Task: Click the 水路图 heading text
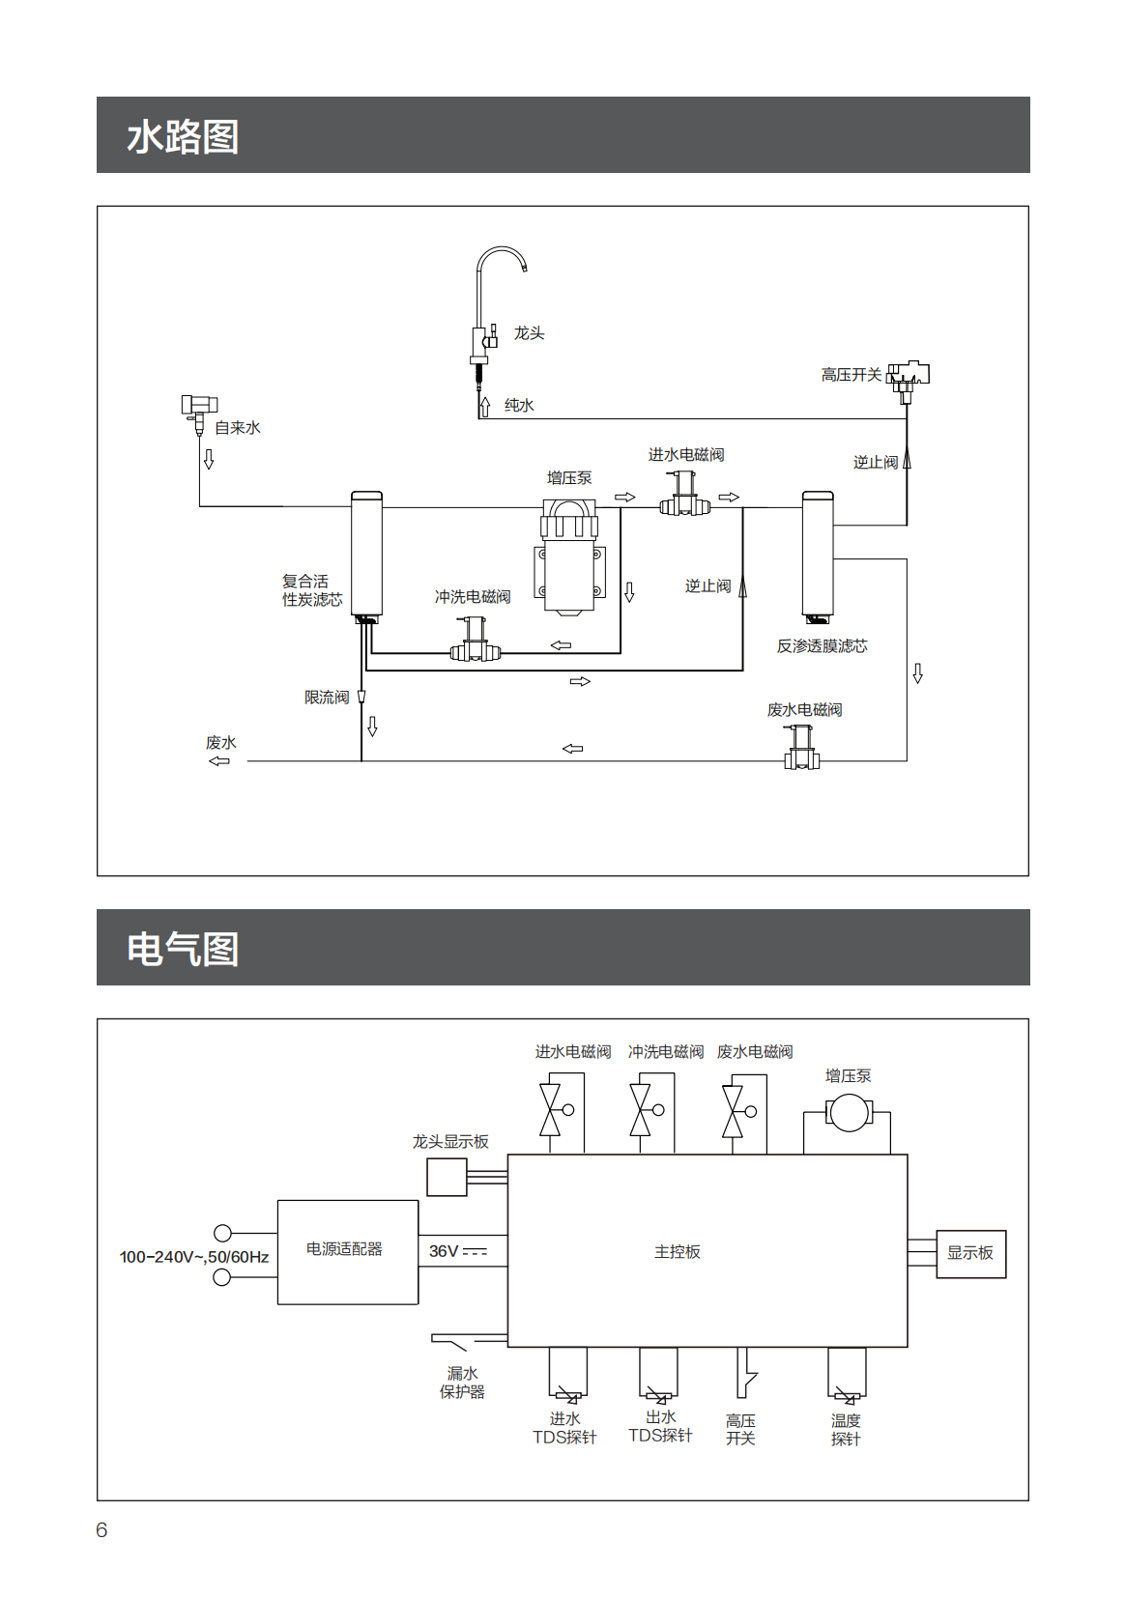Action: [183, 136]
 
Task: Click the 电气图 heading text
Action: [183, 949]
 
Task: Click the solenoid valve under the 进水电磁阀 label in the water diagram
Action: [685, 495]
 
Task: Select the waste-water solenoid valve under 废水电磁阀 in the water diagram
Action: [801, 748]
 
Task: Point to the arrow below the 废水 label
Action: [219, 761]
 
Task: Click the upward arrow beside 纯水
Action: [485, 406]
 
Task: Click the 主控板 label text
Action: [677, 1252]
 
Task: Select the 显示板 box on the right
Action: [970, 1253]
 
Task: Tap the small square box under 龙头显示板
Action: [447, 1177]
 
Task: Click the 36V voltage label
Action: [444, 1251]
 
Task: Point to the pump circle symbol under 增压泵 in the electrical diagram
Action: [849, 1113]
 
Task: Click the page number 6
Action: [101, 1529]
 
